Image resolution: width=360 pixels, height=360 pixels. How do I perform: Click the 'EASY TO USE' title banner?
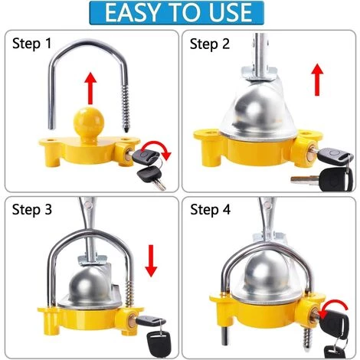[176, 13]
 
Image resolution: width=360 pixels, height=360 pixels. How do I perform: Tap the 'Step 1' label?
[31, 44]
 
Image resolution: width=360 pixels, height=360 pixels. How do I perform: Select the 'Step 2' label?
[210, 44]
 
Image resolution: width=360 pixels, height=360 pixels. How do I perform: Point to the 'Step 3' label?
[32, 210]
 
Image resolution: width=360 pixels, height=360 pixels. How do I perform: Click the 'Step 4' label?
[210, 210]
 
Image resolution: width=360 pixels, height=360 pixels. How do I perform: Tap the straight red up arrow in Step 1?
[90, 88]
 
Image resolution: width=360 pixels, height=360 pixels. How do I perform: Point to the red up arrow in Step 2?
[317, 80]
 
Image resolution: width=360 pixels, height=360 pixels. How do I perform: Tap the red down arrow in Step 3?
[151, 260]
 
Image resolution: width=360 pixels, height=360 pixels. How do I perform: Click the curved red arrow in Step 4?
[335, 306]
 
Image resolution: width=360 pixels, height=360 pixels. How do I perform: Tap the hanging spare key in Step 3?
[159, 343]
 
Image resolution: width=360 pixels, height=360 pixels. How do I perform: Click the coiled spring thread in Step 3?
[129, 293]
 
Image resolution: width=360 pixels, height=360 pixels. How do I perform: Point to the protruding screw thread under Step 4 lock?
[308, 339]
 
